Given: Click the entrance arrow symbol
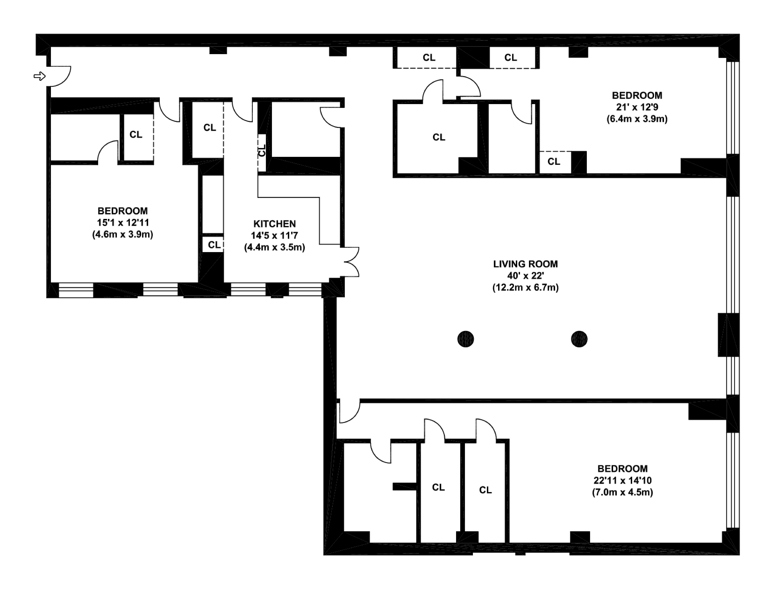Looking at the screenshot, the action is click(39, 76).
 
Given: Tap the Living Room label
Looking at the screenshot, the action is click(525, 264).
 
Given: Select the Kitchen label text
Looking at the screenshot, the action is click(275, 224).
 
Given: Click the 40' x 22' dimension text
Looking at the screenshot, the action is click(525, 276).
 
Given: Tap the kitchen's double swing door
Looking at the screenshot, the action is click(350, 262).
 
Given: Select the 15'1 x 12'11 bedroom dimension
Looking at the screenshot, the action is click(123, 222).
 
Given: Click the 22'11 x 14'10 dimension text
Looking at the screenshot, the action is click(623, 480).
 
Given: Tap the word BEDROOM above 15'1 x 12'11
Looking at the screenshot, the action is click(123, 211).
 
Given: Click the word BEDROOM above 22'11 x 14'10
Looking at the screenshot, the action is click(623, 468).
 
